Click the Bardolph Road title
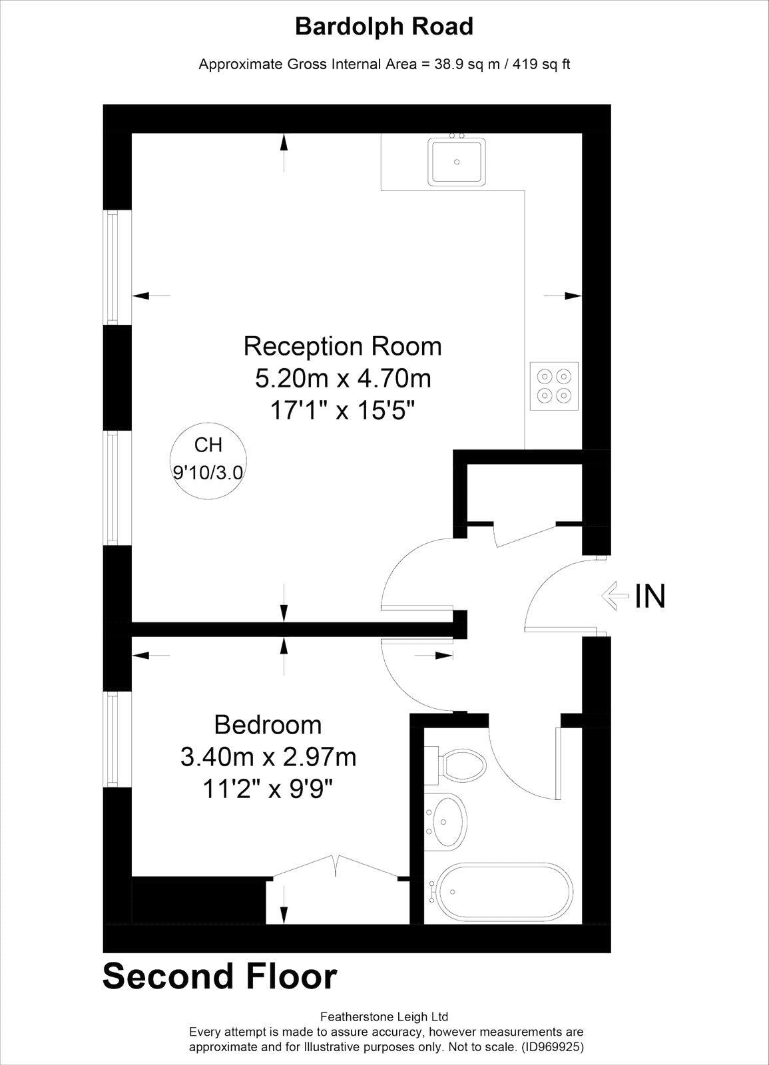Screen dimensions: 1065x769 (384, 27)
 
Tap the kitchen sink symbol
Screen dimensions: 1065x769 (457, 160)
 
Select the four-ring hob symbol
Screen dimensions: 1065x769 (554, 385)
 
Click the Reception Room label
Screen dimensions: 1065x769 (342, 346)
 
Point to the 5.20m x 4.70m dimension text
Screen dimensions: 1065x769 (342, 379)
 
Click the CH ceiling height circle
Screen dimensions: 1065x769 (208, 459)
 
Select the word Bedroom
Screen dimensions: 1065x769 (268, 724)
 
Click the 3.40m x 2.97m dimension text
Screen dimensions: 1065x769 (268, 756)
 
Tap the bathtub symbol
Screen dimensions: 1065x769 (503, 892)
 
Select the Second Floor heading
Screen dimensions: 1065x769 (220, 976)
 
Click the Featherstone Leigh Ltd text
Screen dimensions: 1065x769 (384, 1016)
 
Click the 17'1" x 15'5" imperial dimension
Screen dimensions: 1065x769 (342, 411)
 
